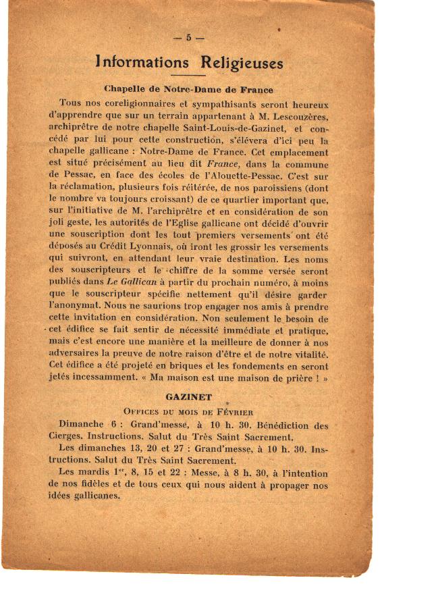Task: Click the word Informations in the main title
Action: point(142,63)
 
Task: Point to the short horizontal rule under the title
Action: point(189,76)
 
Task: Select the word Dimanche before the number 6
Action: point(81,425)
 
